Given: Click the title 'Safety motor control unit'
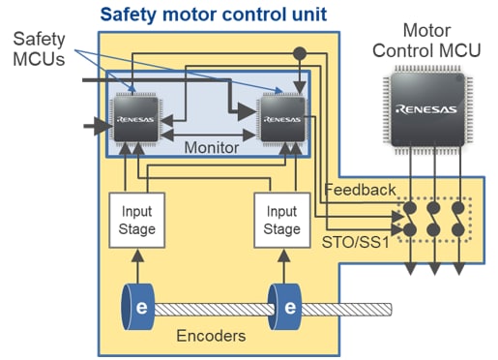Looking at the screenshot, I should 214,15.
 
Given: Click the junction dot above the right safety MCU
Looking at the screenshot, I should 301,53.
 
